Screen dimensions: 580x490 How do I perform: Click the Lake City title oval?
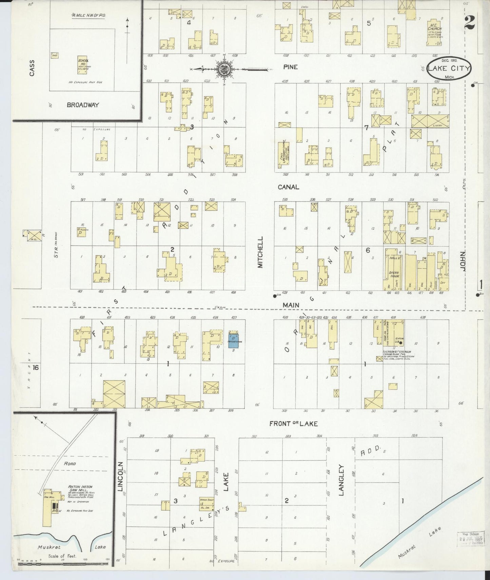point(449,69)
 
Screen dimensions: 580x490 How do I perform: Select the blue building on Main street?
point(233,340)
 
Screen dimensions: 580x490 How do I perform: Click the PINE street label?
point(291,67)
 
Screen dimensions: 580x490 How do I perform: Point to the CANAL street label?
point(288,187)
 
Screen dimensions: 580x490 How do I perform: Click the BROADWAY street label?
point(83,105)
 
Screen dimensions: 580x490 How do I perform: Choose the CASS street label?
point(32,68)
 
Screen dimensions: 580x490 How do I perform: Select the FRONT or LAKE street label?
point(293,424)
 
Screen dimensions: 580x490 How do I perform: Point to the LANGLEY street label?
point(341,480)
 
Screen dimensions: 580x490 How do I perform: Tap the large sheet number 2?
point(470,23)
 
